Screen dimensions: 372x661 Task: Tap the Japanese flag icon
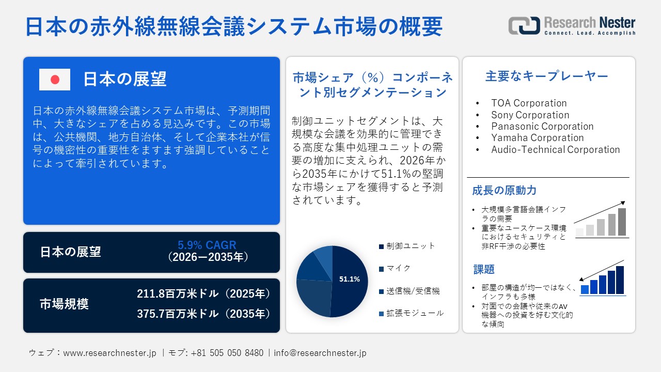tap(55, 80)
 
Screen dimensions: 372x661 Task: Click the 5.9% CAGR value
tap(207, 245)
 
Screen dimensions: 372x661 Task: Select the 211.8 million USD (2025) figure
tap(203, 294)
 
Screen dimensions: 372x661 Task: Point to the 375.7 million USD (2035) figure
tap(203, 314)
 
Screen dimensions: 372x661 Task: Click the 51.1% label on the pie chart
tap(349, 279)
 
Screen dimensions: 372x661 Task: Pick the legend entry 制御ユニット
tap(411, 246)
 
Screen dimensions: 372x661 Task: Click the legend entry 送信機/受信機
tap(413, 291)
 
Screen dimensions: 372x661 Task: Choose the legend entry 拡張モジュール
tap(415, 313)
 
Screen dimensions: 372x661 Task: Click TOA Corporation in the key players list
tap(529, 103)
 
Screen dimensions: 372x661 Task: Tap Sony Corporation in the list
tap(530, 115)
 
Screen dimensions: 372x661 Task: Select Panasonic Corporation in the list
tap(542, 127)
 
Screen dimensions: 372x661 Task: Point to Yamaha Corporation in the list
tap(537, 138)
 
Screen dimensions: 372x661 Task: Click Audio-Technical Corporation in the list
tap(555, 150)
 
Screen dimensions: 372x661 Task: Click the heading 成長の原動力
tap(504, 191)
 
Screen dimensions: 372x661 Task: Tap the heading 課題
tap(484, 270)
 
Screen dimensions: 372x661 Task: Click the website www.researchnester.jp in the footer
tap(109, 353)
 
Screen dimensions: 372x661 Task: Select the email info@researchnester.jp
tap(320, 353)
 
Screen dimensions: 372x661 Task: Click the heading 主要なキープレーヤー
tap(547, 76)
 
